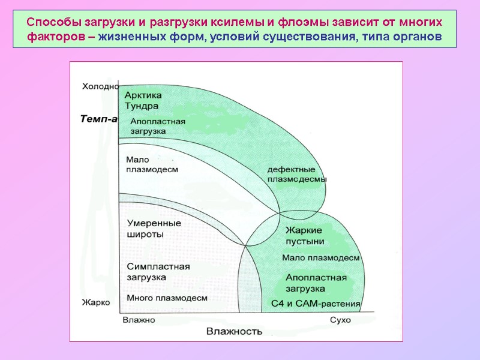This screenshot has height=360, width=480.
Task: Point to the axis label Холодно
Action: [x=100, y=86]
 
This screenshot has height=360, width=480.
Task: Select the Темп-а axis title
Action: [x=98, y=119]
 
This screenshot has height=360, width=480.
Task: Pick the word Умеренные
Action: [x=154, y=223]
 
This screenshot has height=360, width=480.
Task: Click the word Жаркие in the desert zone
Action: [x=304, y=230]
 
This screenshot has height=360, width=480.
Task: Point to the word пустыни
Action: [x=305, y=241]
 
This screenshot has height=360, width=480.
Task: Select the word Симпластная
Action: [x=158, y=266]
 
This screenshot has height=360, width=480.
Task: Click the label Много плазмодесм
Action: [x=167, y=298]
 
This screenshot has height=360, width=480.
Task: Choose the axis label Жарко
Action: [x=96, y=302]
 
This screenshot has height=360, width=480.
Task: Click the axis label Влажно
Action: [x=139, y=320]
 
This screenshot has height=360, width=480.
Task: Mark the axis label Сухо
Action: [x=340, y=320]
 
